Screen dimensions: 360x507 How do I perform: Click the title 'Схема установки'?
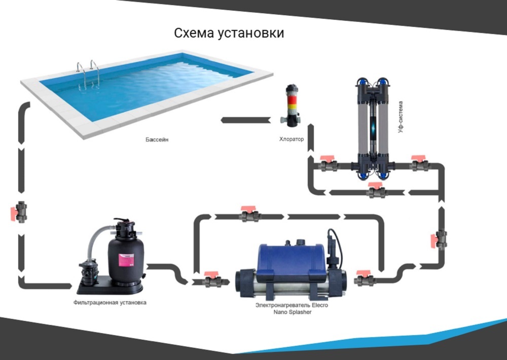pyautogui.click(x=229, y=33)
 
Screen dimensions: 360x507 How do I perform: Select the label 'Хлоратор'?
pyautogui.click(x=292, y=139)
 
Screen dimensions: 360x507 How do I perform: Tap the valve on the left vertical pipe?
pyautogui.click(x=20, y=211)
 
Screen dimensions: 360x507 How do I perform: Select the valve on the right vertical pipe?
pyautogui.click(x=440, y=238)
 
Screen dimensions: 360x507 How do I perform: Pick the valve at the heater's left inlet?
pyautogui.click(x=213, y=280)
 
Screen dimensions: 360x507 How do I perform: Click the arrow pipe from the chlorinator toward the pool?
pyautogui.click(x=246, y=120)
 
